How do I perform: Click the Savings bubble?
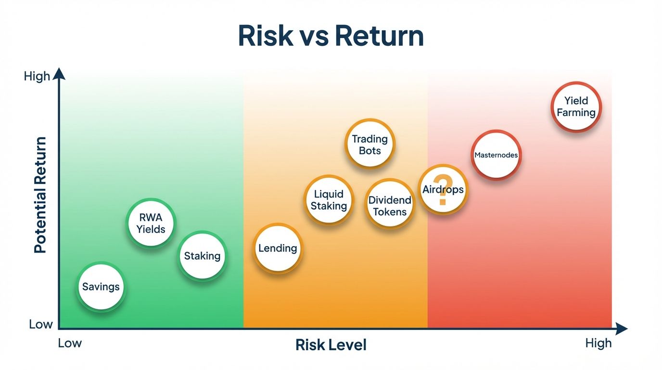click(101, 287)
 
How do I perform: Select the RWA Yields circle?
click(151, 224)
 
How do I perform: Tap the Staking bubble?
click(202, 256)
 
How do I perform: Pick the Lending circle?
click(278, 249)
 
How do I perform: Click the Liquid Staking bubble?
click(329, 200)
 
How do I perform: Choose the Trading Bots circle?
click(369, 144)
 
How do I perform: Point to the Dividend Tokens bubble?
click(390, 206)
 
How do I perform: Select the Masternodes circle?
click(496, 155)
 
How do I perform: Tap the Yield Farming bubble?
click(576, 106)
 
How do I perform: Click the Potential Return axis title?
click(41, 195)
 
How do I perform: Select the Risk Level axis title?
click(331, 345)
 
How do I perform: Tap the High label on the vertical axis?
click(37, 76)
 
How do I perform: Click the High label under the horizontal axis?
click(598, 343)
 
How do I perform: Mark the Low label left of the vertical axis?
click(40, 324)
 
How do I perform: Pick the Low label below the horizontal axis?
click(70, 343)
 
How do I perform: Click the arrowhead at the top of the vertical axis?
click(59, 73)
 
